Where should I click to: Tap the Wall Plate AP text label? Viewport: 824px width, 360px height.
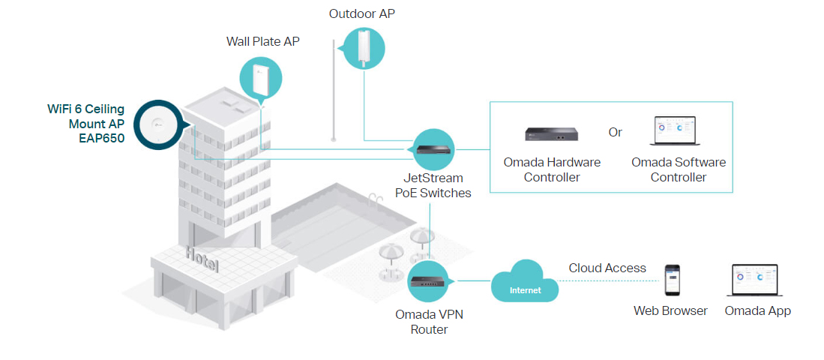coord(262,42)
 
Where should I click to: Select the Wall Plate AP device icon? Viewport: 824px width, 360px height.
coord(261,79)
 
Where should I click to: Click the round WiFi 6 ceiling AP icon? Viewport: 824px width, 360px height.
coord(157,124)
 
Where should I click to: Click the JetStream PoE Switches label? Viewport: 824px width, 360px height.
coord(433,185)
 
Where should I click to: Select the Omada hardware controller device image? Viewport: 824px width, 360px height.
coord(552,133)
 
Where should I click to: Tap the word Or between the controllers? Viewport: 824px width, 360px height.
coord(615,132)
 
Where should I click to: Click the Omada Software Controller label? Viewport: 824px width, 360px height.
coord(678,169)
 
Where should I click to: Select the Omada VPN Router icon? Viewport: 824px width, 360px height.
coord(429,282)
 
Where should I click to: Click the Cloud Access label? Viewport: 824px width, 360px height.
coord(607,268)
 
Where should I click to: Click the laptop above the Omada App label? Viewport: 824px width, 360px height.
coord(757,280)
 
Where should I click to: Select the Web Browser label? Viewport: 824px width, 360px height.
coord(670,310)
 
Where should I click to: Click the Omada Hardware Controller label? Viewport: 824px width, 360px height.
coord(552,169)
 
